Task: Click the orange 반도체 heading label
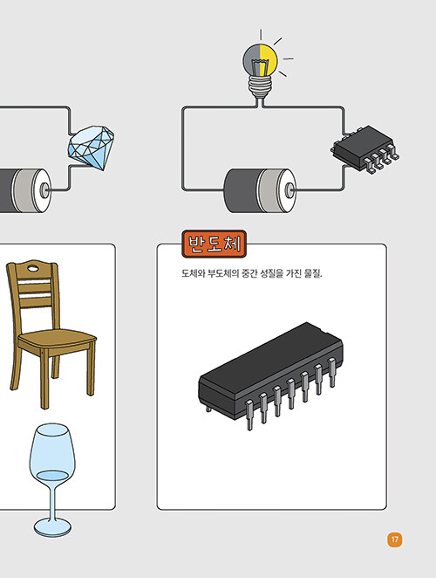[214, 244]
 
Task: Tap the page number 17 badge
[395, 540]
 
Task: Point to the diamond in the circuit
[91, 148]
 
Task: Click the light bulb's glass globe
[260, 59]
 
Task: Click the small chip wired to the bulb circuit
[364, 149]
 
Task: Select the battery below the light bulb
[260, 190]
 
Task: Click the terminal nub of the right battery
[290, 189]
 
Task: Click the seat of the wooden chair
[57, 339]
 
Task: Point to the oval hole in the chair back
[33, 268]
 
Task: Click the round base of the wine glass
[52, 527]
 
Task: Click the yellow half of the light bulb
[269, 59]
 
